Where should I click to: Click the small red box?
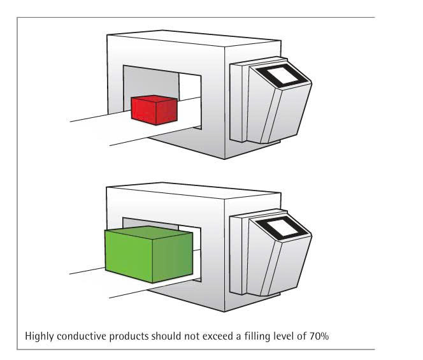(154, 110)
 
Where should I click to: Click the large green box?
(148, 254)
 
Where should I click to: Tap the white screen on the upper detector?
(282, 75)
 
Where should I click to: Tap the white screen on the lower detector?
(282, 227)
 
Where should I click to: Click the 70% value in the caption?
(319, 336)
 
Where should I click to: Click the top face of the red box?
(154, 99)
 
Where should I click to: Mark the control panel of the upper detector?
(271, 100)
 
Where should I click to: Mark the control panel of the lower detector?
(271, 252)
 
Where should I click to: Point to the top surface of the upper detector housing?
(194, 38)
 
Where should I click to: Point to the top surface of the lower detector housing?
(194, 191)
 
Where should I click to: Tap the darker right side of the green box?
(173, 257)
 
